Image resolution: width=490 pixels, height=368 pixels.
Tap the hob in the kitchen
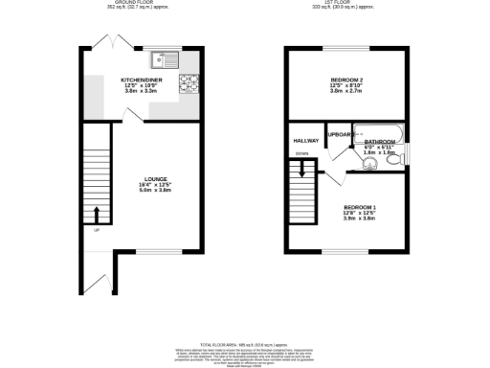(192, 83)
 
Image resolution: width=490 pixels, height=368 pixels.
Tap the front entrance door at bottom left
(94, 280)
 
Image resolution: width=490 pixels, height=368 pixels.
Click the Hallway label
(304, 140)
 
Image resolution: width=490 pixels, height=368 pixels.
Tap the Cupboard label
(340, 134)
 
